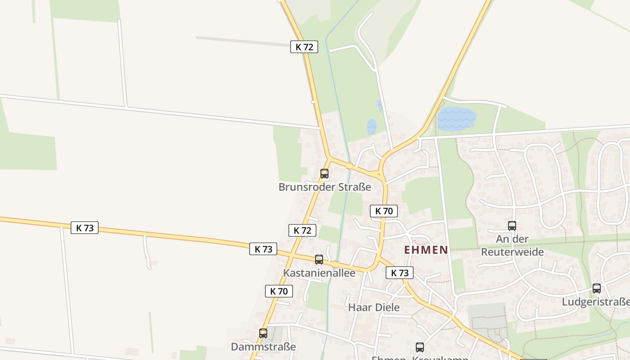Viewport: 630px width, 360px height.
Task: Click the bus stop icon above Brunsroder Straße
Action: [324, 173]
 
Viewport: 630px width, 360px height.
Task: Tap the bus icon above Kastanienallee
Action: [319, 259]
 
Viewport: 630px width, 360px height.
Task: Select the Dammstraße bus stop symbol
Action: [263, 333]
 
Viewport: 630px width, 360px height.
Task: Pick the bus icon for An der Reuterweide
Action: [512, 225]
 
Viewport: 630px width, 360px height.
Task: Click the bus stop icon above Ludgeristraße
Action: [597, 288]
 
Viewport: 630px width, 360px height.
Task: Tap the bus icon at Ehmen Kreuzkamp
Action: [420, 347]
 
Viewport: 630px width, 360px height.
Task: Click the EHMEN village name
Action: [426, 250]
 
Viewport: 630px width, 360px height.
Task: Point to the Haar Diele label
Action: [374, 307]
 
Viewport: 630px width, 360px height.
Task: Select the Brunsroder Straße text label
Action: [325, 187]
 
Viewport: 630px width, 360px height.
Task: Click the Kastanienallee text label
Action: [319, 273]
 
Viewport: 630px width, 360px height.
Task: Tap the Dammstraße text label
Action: [263, 347]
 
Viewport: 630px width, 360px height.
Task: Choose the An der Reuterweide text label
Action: [512, 245]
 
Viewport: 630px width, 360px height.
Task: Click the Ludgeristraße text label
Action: [595, 302]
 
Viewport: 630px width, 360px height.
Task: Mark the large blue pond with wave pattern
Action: [456, 119]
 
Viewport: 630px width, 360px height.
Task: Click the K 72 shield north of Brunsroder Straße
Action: [304, 46]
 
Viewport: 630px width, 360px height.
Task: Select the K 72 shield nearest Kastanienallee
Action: [302, 230]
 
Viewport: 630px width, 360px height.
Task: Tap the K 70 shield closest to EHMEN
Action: [384, 211]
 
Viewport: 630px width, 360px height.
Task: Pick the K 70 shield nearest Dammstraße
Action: [279, 291]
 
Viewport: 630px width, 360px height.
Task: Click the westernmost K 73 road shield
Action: [85, 228]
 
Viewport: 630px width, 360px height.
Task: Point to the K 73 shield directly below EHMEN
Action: [400, 273]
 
